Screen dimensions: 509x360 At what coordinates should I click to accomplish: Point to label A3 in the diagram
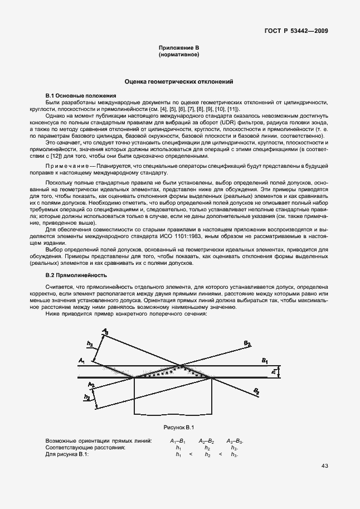click(x=106, y=332)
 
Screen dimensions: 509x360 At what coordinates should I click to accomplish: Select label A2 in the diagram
click(x=91, y=385)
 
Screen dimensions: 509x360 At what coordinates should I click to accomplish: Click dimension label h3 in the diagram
click(x=90, y=344)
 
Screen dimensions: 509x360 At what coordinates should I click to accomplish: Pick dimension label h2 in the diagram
click(x=86, y=397)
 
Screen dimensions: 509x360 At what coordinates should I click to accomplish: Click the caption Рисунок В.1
click(x=178, y=428)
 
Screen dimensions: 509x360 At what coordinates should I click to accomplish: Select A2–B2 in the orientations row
click(x=207, y=441)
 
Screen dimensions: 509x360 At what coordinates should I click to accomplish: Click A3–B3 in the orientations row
click(x=235, y=441)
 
